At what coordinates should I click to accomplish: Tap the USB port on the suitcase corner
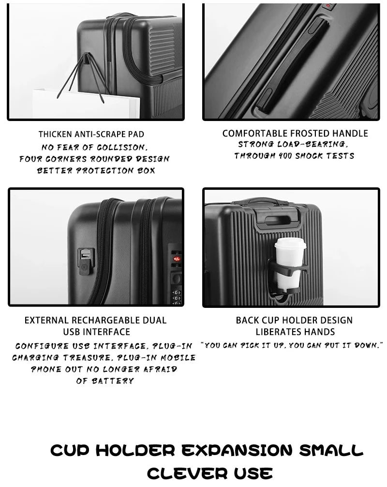86,255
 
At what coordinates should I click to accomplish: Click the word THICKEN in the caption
55,134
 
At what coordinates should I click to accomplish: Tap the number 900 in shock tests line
284,156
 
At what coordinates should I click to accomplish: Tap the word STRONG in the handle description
255,144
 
